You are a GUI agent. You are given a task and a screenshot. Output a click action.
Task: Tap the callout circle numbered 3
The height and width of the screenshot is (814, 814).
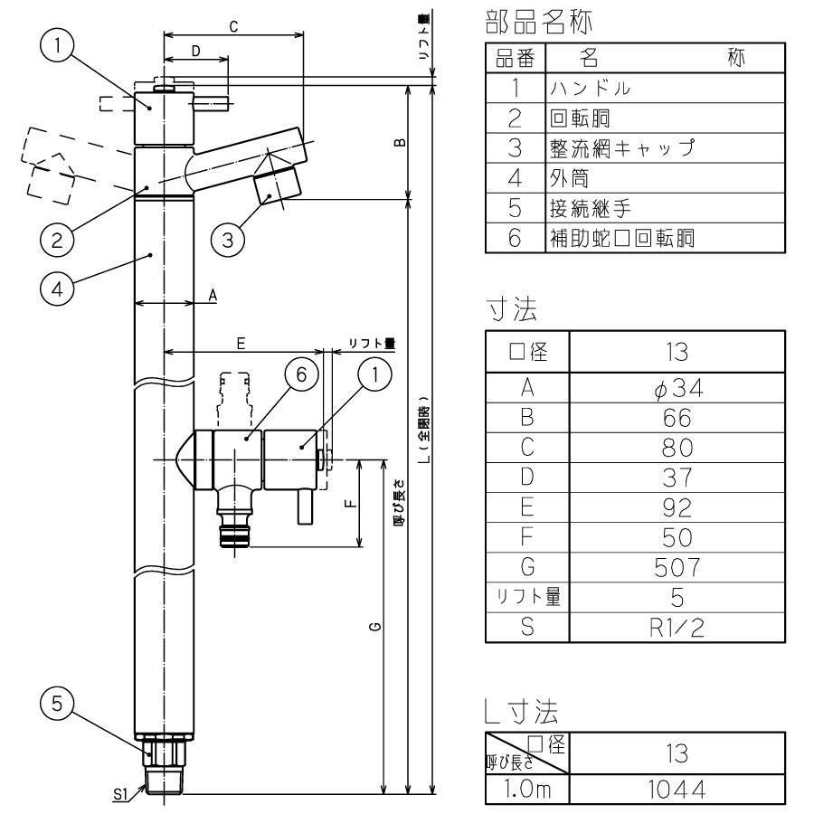[x=228, y=240]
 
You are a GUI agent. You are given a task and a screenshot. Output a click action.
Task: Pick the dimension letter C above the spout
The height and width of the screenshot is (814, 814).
[x=233, y=27]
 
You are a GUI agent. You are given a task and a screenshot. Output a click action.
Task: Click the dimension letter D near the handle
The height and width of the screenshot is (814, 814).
[x=195, y=53]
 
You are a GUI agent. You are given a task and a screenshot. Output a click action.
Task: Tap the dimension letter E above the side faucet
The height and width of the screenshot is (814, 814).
[x=241, y=343]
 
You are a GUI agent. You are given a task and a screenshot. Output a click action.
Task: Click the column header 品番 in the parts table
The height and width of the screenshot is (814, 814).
[x=515, y=59]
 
